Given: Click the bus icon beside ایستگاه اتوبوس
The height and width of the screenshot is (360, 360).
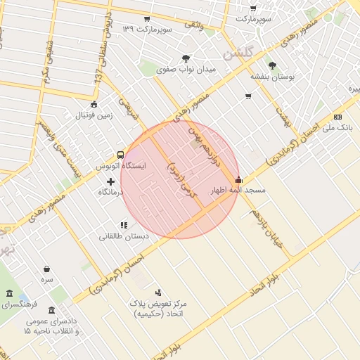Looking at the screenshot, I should [x=120, y=155].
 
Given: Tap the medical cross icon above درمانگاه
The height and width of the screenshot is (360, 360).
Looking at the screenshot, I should [x=110, y=181].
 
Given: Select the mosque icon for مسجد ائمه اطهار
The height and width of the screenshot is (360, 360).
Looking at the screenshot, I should [x=239, y=180].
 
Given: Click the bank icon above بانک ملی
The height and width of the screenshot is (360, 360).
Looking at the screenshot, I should [x=338, y=117].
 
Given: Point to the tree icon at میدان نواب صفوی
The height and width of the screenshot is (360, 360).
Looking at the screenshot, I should [x=186, y=59].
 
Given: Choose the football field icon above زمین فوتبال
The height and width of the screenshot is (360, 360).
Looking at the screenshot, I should [x=94, y=104].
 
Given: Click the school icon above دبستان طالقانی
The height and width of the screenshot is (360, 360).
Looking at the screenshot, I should [x=124, y=226].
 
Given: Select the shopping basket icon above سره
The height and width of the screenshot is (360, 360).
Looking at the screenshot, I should [x=46, y=269].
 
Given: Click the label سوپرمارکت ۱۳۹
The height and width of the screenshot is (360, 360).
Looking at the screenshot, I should [x=147, y=30].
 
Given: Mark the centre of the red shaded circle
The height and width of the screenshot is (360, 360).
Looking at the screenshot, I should [x=179, y=179].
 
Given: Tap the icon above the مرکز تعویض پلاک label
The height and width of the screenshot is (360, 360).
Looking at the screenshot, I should [x=158, y=292].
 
